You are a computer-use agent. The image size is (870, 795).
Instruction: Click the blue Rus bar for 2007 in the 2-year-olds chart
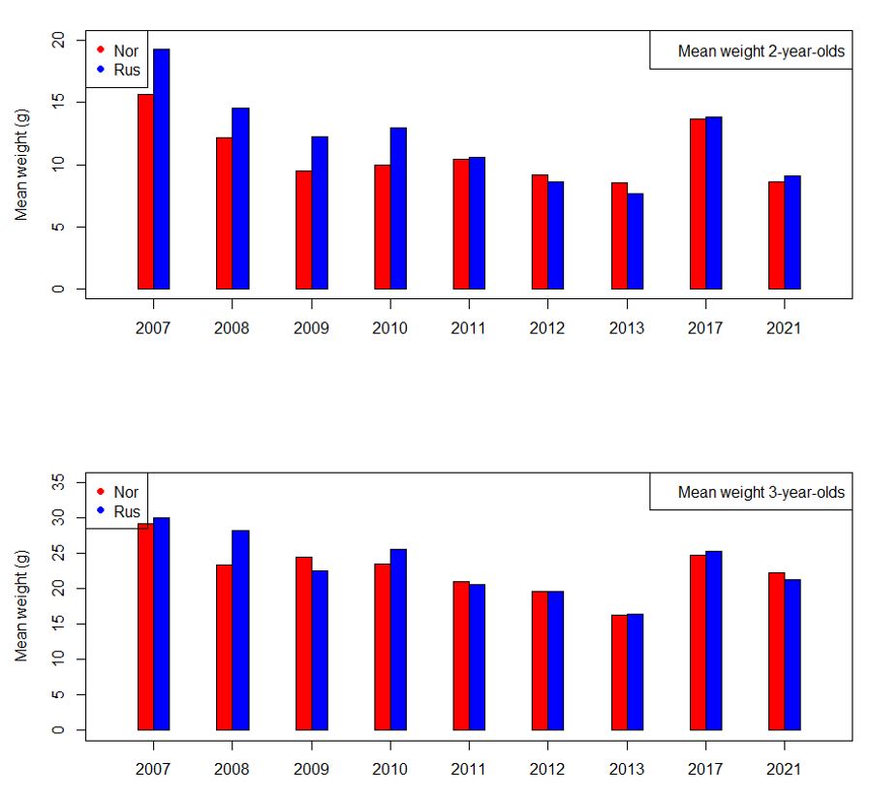coord(161,169)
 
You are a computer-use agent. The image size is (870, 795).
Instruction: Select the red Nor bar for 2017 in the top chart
coord(698,204)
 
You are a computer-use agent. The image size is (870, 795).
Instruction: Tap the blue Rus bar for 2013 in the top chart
coord(635,241)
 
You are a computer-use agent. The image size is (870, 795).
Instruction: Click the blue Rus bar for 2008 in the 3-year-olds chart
coord(240,630)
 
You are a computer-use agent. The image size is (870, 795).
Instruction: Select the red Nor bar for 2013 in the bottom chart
coord(619,672)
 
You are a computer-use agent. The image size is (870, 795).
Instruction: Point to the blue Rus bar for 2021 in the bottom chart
coord(792,655)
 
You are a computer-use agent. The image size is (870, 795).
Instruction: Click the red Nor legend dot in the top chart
coord(100,50)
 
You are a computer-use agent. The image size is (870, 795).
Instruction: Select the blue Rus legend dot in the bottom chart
coord(100,511)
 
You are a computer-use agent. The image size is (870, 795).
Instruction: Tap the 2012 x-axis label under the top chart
coord(547,328)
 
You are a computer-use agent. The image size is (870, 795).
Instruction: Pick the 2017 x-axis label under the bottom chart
coord(705,769)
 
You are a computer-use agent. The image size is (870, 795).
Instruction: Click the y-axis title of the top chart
coord(21,165)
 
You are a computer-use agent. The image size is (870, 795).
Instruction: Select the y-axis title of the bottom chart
coord(21,605)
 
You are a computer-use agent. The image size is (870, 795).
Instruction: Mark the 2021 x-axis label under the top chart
coord(784,328)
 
